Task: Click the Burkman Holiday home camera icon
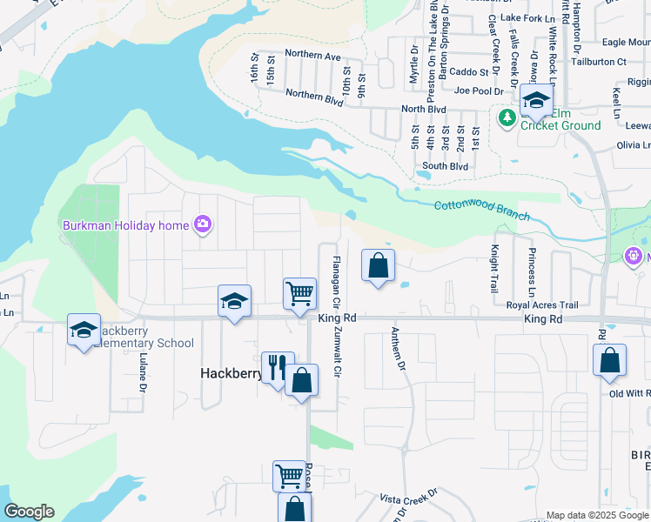pyautogui.click(x=203, y=225)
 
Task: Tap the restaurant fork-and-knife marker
pyautogui.click(x=278, y=367)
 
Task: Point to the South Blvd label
pyautogui.click(x=445, y=166)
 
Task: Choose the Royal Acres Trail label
pyautogui.click(x=542, y=305)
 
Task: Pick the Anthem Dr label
pyautogui.click(x=399, y=350)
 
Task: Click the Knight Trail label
pyautogui.click(x=493, y=269)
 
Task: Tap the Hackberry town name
pyautogui.click(x=231, y=373)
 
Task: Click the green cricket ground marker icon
pyautogui.click(x=506, y=117)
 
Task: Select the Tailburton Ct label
pyautogui.click(x=598, y=62)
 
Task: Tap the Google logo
pyautogui.click(x=29, y=512)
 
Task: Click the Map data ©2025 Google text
pyautogui.click(x=596, y=515)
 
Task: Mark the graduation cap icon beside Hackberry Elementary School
pyautogui.click(x=84, y=331)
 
